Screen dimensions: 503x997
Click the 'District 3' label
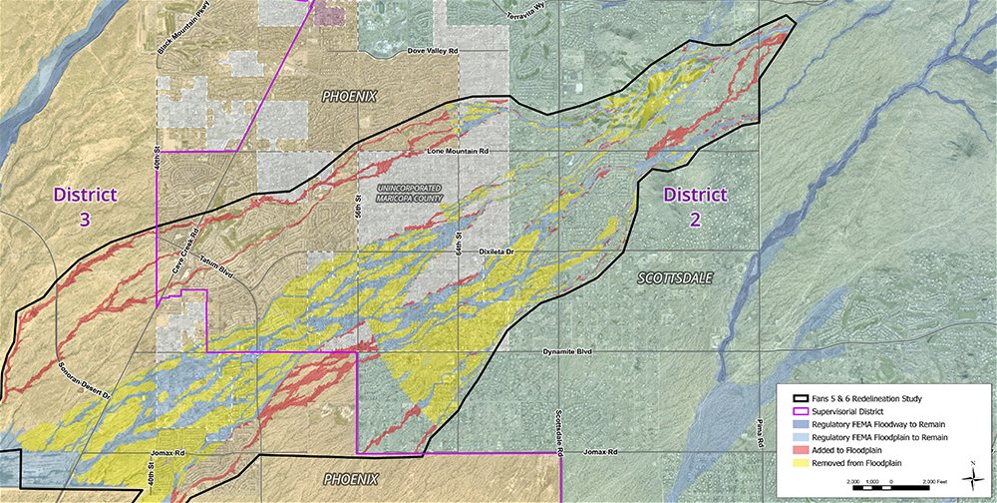86,206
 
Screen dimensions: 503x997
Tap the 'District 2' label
695,206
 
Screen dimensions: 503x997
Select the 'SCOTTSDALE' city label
675,279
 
